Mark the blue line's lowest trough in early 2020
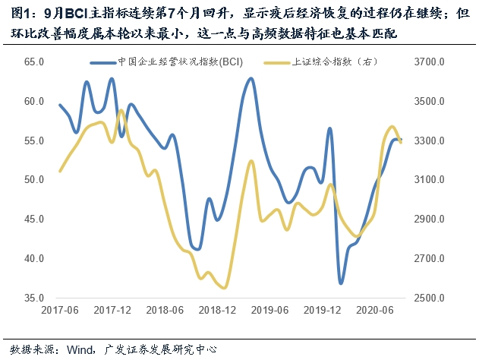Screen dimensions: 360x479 pos(341,283)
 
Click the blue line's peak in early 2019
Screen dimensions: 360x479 pos(251,78)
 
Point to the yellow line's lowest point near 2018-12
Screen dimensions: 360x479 pos(224,288)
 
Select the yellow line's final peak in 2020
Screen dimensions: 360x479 pos(392,127)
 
